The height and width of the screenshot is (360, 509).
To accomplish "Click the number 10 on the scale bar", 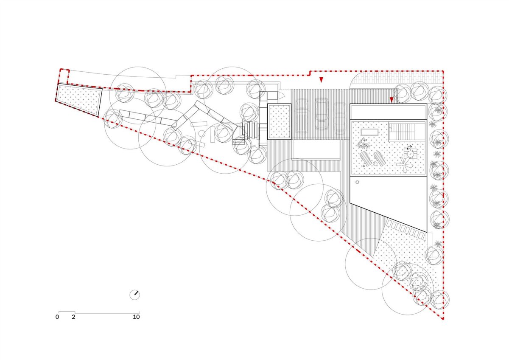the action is click(x=136, y=317).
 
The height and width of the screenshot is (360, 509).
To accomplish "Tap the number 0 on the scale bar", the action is click(x=57, y=317).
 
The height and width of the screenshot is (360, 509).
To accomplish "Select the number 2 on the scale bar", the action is click(x=73, y=317).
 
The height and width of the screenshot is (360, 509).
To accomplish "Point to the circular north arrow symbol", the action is click(x=134, y=295).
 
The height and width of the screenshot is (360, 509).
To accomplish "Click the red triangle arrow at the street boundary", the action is click(x=321, y=79).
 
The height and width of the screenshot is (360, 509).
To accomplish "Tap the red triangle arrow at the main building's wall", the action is click(x=391, y=100).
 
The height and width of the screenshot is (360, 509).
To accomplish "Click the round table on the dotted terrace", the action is click(x=411, y=154).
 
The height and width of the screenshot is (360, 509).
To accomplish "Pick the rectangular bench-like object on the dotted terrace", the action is click(x=369, y=132).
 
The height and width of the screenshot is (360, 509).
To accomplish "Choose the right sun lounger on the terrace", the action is click(x=379, y=158).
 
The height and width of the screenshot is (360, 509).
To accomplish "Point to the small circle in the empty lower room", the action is click(x=357, y=182).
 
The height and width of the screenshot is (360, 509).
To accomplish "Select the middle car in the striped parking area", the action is click(x=322, y=114).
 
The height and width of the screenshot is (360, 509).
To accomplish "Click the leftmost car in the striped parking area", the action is click(x=301, y=116).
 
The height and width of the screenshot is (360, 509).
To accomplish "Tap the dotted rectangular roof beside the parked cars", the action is click(x=279, y=122).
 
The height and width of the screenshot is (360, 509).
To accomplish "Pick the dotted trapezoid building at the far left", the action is click(x=79, y=100).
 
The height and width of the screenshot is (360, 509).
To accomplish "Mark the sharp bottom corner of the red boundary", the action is click(x=443, y=320).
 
